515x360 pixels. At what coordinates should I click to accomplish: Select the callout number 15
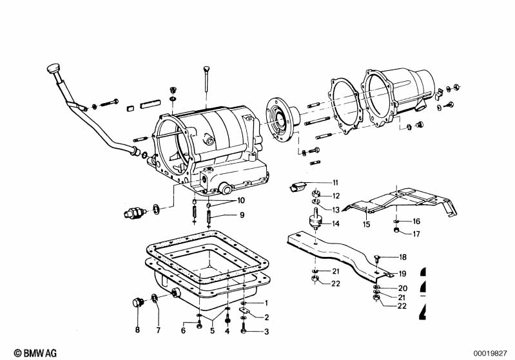pos(366,225)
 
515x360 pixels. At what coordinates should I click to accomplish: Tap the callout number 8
pos(137,330)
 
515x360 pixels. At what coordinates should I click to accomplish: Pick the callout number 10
pos(224,200)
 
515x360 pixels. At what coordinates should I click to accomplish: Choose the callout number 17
pos(416,234)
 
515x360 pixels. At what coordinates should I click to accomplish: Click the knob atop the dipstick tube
pos(52,68)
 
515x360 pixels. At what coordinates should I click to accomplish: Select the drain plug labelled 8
pos(137,303)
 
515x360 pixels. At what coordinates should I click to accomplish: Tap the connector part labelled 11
pos(296,188)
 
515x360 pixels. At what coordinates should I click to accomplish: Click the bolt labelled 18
pos(378,258)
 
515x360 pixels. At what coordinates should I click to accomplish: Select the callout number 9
pos(224,214)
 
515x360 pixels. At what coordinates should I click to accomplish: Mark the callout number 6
pos(182,330)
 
